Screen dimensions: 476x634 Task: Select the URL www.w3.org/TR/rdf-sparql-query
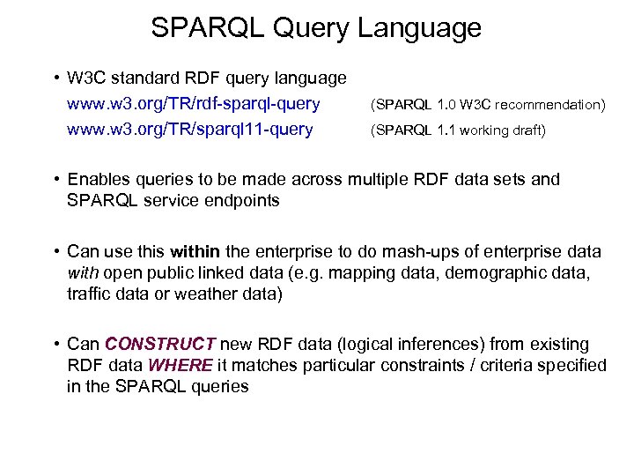193,104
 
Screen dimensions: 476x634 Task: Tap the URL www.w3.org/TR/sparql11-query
189,130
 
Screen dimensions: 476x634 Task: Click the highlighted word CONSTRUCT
160,344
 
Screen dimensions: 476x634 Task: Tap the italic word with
84,273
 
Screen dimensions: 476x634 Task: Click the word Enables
98,179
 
